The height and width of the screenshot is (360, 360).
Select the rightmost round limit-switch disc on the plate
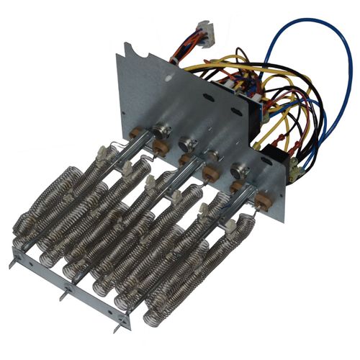[237, 171]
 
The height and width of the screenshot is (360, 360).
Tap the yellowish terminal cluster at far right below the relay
[295, 171]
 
